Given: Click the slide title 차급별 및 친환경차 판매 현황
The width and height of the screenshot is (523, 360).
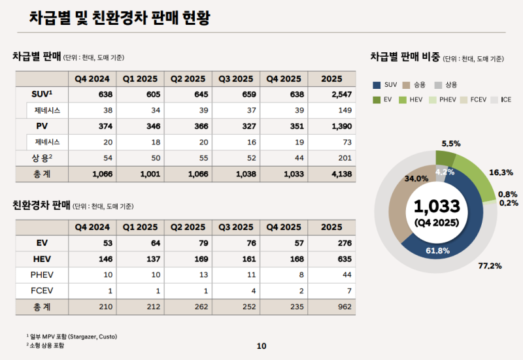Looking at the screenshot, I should (120, 18).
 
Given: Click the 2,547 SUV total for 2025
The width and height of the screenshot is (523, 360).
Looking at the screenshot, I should (331, 95).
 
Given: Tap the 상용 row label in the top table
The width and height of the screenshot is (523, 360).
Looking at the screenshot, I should (41, 157).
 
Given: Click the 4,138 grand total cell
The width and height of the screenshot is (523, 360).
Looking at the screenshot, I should (331, 174).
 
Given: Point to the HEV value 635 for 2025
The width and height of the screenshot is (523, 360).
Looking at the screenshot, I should (331, 259).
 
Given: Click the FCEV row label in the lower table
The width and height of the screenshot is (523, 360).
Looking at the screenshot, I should (41, 290).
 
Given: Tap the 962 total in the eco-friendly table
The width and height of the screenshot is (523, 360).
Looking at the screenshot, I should (331, 306).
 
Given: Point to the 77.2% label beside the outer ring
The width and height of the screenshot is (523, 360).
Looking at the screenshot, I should (490, 266).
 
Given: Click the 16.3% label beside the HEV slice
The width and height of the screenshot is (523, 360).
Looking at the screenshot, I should (500, 172).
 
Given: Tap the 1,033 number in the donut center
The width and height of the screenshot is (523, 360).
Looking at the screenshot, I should (437, 206).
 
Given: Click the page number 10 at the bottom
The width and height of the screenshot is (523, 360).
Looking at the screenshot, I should (261, 346).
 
